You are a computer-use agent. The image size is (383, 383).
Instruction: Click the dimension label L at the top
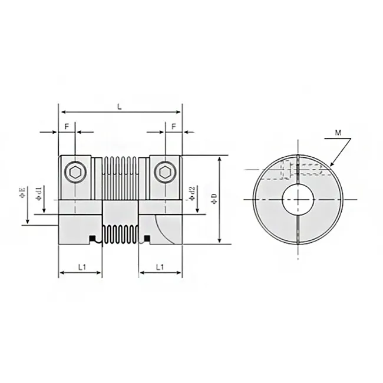click(120, 106)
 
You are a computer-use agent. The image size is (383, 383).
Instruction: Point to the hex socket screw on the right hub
click(165, 171)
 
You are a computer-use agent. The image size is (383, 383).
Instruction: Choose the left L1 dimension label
click(82, 268)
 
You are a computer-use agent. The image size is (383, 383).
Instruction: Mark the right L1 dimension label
click(159, 268)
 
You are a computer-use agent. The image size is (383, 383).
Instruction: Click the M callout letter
click(338, 133)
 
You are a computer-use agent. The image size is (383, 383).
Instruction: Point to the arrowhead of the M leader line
click(332, 165)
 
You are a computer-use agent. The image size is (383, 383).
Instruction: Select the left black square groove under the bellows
click(92, 238)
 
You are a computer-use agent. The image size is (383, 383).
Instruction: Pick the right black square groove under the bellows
click(147, 238)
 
